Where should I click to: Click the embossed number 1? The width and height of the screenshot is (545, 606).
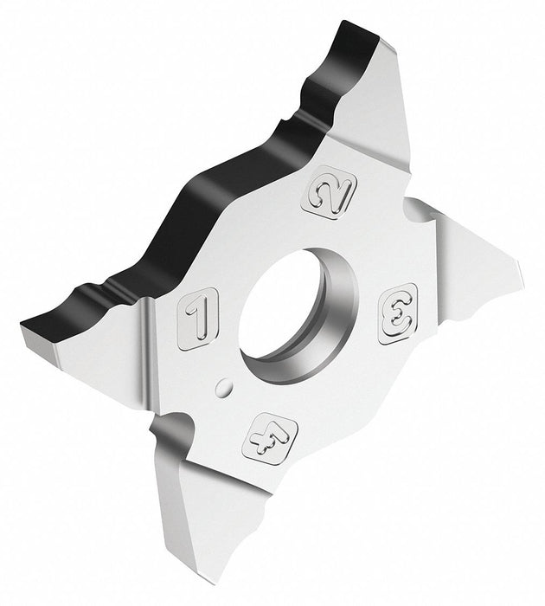(198, 319)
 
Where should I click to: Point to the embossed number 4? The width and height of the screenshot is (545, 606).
(270, 438)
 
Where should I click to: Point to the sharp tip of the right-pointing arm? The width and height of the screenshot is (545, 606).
(523, 273)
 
